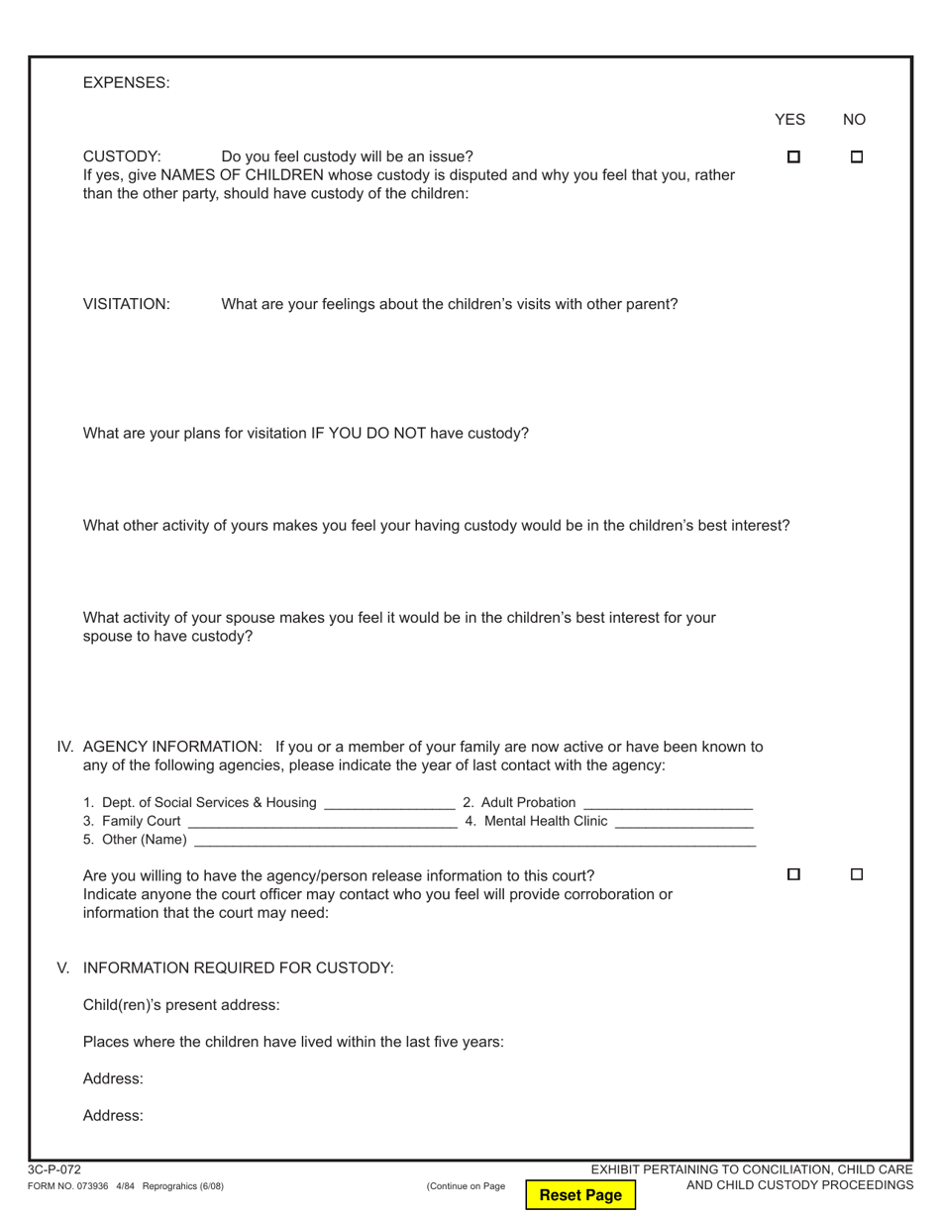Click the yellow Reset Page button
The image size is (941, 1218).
pos(580,1194)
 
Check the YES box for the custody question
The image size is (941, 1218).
pos(793,156)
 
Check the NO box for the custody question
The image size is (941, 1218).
pos(857,156)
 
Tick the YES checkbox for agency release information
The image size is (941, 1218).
pos(793,874)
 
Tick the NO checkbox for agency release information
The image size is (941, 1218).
pos(857,874)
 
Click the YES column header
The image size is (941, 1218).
pos(789,120)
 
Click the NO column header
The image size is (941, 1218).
pos(854,120)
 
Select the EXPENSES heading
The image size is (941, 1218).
pos(126,83)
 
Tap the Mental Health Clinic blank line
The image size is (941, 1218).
pos(683,823)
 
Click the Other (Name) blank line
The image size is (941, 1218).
pos(474,842)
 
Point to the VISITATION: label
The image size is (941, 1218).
pos(126,304)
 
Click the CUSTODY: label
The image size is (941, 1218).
pos(122,156)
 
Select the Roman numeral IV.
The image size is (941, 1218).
pos(65,747)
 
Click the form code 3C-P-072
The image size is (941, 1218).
pos(54,1169)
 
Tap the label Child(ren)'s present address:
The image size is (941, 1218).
pos(181,1005)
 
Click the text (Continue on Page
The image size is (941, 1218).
pos(466,1186)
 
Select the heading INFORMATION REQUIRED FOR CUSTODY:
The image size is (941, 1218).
pos(238,968)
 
